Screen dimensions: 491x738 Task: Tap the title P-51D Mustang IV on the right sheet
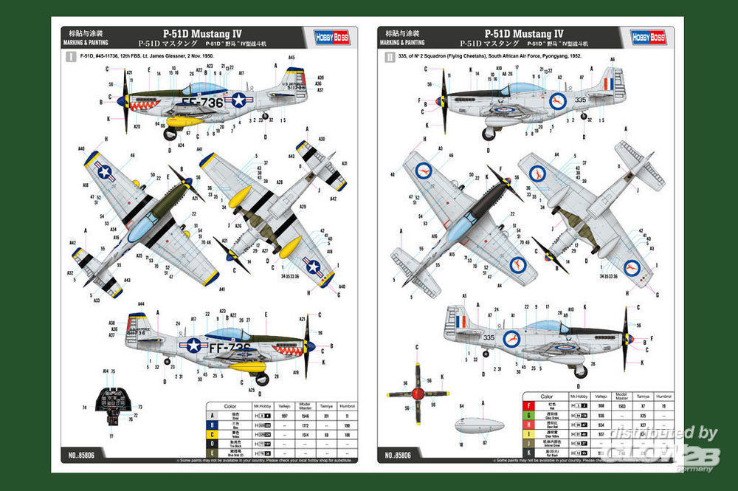523,33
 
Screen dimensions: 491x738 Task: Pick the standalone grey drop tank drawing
479,427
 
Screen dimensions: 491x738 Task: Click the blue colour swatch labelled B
211,427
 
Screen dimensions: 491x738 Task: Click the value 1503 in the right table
621,407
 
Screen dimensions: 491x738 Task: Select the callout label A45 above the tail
292,57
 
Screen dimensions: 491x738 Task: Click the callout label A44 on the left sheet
140,303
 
